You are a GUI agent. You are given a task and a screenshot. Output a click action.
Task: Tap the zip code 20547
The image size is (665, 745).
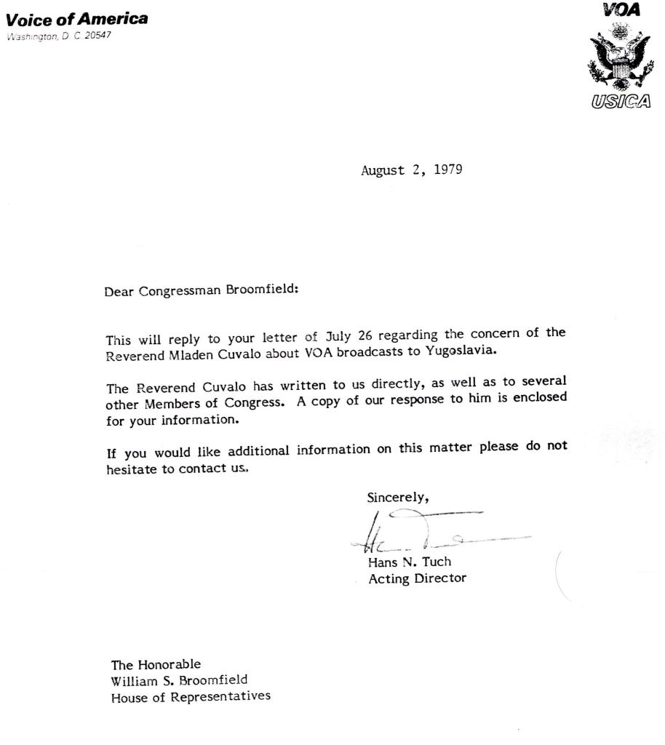click(97, 37)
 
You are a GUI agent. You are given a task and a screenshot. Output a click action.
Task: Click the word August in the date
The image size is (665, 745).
click(382, 171)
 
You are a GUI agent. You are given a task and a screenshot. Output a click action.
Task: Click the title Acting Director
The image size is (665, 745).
click(417, 579)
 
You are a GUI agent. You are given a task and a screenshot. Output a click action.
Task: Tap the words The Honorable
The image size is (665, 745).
click(156, 664)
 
